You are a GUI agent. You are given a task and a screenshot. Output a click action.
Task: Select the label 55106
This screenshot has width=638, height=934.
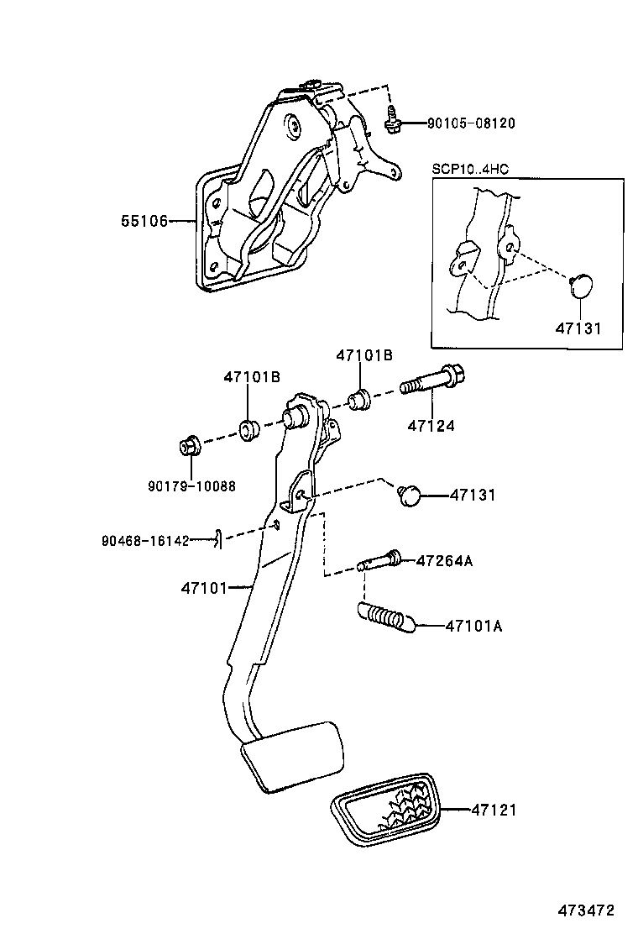pyautogui.click(x=144, y=221)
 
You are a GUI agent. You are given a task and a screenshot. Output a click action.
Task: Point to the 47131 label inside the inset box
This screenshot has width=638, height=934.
pyautogui.click(x=578, y=328)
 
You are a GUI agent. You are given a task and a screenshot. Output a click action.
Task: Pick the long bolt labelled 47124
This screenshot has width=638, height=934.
pyautogui.click(x=432, y=382)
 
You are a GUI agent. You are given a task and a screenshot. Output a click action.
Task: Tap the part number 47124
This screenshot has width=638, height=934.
pyautogui.click(x=431, y=426)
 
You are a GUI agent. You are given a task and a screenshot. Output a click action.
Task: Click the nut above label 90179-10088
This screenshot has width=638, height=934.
pyautogui.click(x=188, y=446)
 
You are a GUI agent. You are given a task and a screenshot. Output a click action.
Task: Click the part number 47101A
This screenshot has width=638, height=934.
pyautogui.click(x=474, y=626)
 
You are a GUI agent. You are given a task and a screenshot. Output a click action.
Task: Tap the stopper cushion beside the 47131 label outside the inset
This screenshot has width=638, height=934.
pyautogui.click(x=410, y=496)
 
